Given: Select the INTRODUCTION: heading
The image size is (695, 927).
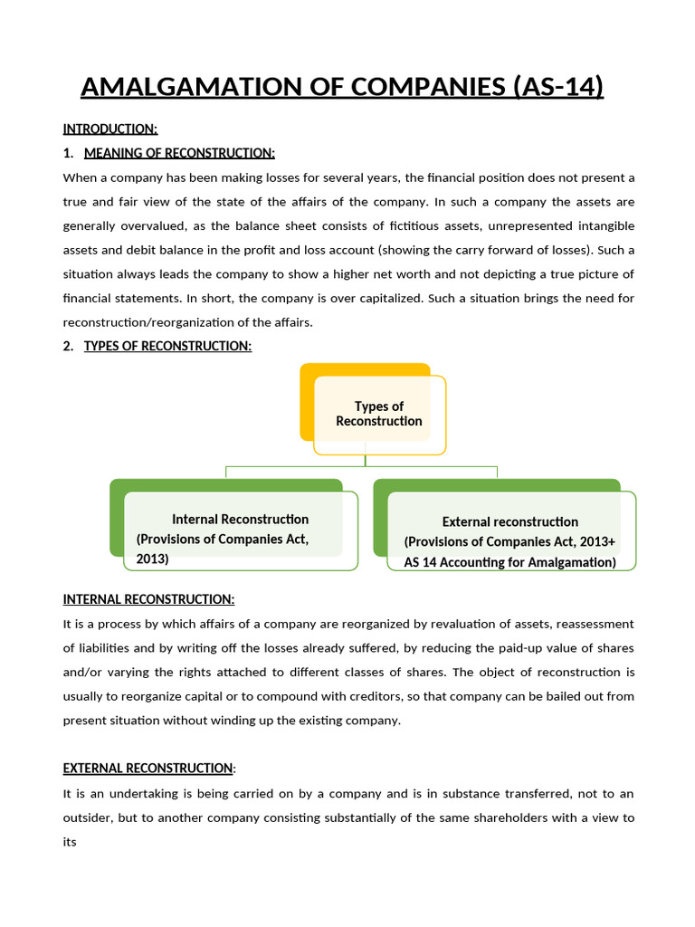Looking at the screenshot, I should (109, 129).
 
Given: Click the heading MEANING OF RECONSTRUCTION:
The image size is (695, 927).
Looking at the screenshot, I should (179, 152).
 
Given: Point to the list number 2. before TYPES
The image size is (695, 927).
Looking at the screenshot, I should (69, 346).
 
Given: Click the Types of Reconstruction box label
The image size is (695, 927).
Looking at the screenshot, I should (378, 414).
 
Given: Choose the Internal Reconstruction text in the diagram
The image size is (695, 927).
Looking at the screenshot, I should (240, 519).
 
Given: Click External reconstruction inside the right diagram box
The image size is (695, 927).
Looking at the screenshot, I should (509, 521).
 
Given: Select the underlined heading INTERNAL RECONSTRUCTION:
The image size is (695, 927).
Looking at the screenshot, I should (148, 599).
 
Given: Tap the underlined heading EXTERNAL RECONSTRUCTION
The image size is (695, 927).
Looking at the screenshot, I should (148, 768).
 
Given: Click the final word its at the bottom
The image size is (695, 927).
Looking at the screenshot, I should (71, 841).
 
